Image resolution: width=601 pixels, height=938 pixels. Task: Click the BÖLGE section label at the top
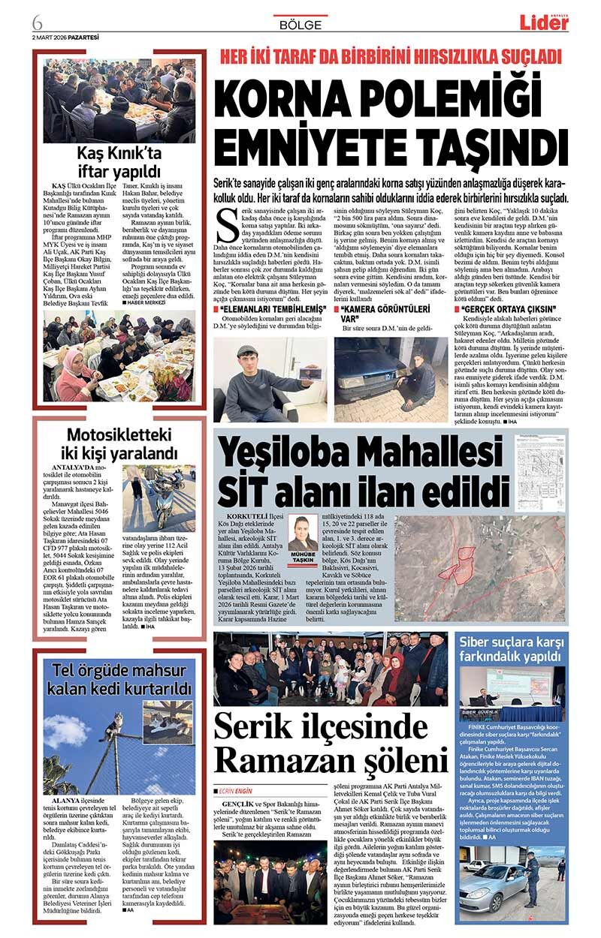click(x=300, y=25)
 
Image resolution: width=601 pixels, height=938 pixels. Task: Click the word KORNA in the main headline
click(x=296, y=98)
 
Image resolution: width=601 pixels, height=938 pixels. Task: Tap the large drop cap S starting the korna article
click(x=225, y=223)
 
